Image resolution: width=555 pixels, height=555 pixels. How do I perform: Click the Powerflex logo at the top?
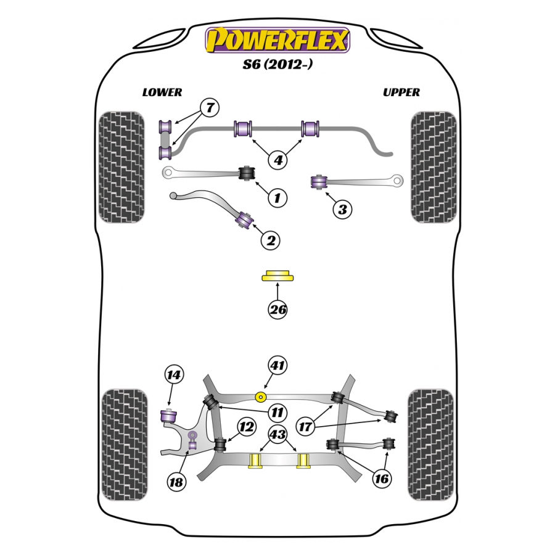coord(277,40)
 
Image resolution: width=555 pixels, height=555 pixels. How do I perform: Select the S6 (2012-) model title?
coord(277,64)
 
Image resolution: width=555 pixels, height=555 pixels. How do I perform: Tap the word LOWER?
coord(162,92)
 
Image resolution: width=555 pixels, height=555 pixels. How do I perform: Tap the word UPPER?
coord(401,92)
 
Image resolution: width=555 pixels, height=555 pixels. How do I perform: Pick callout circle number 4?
coord(278,160)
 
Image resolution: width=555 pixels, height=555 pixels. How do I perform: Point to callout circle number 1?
coord(277,198)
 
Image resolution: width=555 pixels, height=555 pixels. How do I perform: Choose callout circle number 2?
coord(270,240)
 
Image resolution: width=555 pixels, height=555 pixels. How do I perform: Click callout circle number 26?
coord(278,310)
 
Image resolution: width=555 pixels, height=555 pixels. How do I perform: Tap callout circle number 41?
coord(278,366)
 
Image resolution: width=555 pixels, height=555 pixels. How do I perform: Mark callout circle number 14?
coord(175,374)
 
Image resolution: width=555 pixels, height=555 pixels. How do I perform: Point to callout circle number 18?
coord(176,482)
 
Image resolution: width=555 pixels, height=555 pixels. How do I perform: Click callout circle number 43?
coord(278,435)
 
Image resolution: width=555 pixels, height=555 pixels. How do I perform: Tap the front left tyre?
coord(121,166)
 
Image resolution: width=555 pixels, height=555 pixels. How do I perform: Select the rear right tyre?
coord(431,445)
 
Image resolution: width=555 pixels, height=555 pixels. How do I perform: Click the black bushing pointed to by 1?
coord(247,172)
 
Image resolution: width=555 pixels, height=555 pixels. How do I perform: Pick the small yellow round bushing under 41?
coord(261,395)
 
